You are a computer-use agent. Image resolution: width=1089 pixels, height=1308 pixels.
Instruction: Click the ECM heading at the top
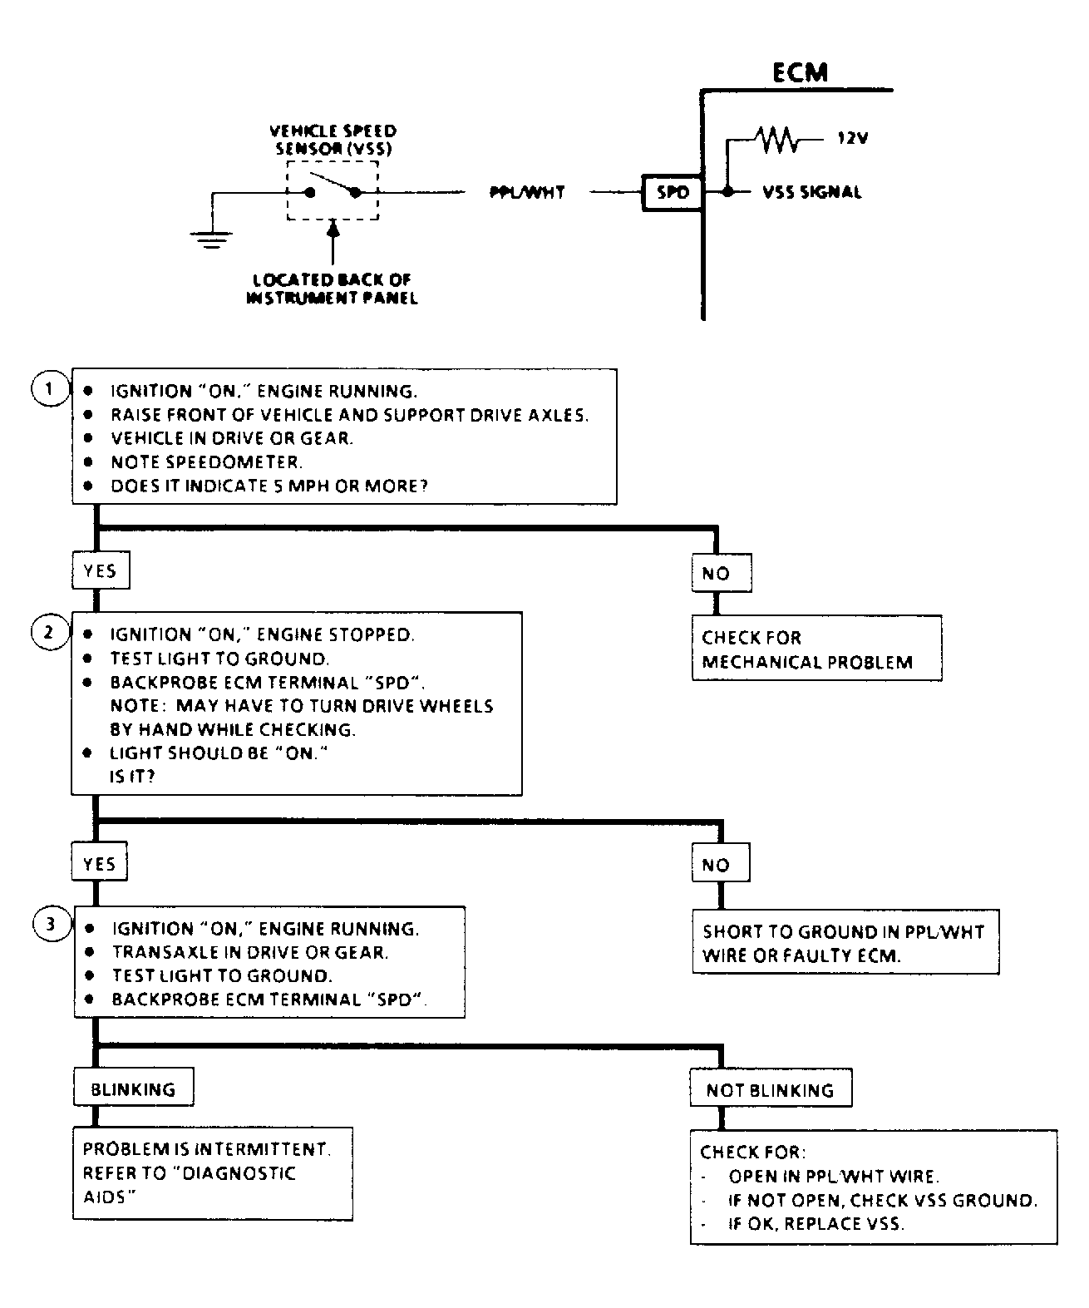pos(800,72)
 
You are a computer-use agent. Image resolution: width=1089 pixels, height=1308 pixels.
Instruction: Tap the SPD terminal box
pos(673,192)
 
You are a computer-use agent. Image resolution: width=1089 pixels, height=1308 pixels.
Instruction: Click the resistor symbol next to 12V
pos(776,141)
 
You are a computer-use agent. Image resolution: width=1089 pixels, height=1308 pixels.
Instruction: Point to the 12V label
pos(852,139)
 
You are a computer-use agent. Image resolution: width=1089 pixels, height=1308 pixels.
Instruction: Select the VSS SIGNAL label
pos(811,192)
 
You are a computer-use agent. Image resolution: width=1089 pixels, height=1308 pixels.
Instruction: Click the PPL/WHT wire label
pos(527,192)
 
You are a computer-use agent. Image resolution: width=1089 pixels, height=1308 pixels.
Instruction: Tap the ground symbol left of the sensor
pos(211,239)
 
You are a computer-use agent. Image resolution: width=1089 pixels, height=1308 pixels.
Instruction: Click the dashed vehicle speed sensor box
pos(333,190)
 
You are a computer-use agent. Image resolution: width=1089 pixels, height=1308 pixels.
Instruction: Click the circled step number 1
pos(50,388)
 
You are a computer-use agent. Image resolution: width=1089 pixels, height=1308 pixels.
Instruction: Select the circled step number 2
pos(49,633)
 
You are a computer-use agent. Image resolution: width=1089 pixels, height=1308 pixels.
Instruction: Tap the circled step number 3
pos(52,924)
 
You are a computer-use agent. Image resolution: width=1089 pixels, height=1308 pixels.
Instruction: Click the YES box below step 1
pos(100,570)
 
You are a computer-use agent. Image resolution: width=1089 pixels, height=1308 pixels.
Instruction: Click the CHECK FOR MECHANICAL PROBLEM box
pos(816,649)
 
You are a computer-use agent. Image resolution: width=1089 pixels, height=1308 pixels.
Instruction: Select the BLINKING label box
pos(133,1088)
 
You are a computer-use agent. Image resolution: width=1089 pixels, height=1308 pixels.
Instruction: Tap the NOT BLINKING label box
pos(770,1090)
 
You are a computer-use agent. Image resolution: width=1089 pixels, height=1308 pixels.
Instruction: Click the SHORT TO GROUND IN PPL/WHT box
pos(845,943)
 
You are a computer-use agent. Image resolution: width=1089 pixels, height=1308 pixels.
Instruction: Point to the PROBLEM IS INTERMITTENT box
pos(212,1172)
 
